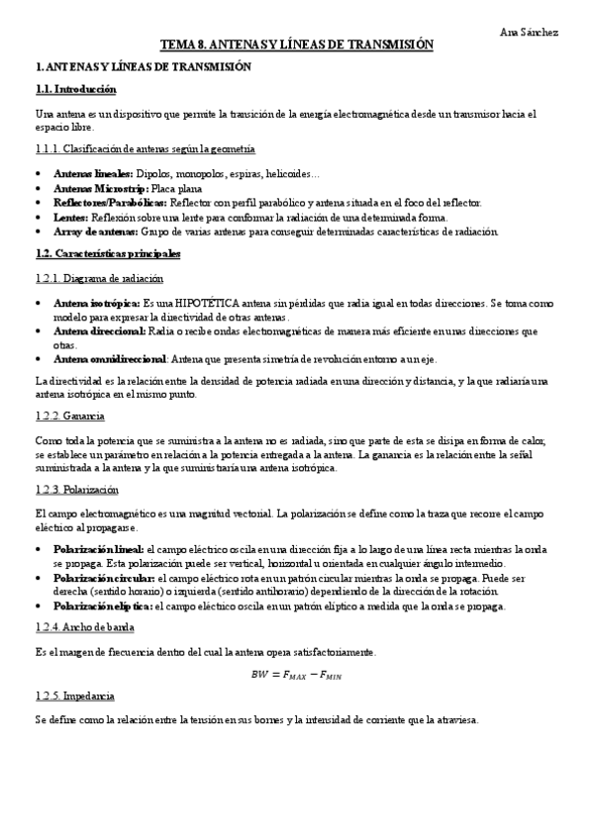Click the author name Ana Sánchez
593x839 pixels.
pyautogui.click(x=531, y=32)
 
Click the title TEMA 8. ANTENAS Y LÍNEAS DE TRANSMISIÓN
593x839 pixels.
pyautogui.click(x=297, y=46)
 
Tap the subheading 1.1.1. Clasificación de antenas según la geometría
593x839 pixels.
pyautogui.click(x=145, y=148)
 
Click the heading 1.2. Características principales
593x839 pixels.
pyautogui.click(x=108, y=254)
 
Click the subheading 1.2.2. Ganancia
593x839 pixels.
pyautogui.click(x=69, y=416)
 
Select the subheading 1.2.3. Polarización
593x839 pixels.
pyautogui.click(x=76, y=489)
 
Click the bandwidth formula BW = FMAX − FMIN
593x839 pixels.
pyautogui.click(x=297, y=676)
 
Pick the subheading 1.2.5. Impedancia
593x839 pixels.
pyautogui.click(x=74, y=697)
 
